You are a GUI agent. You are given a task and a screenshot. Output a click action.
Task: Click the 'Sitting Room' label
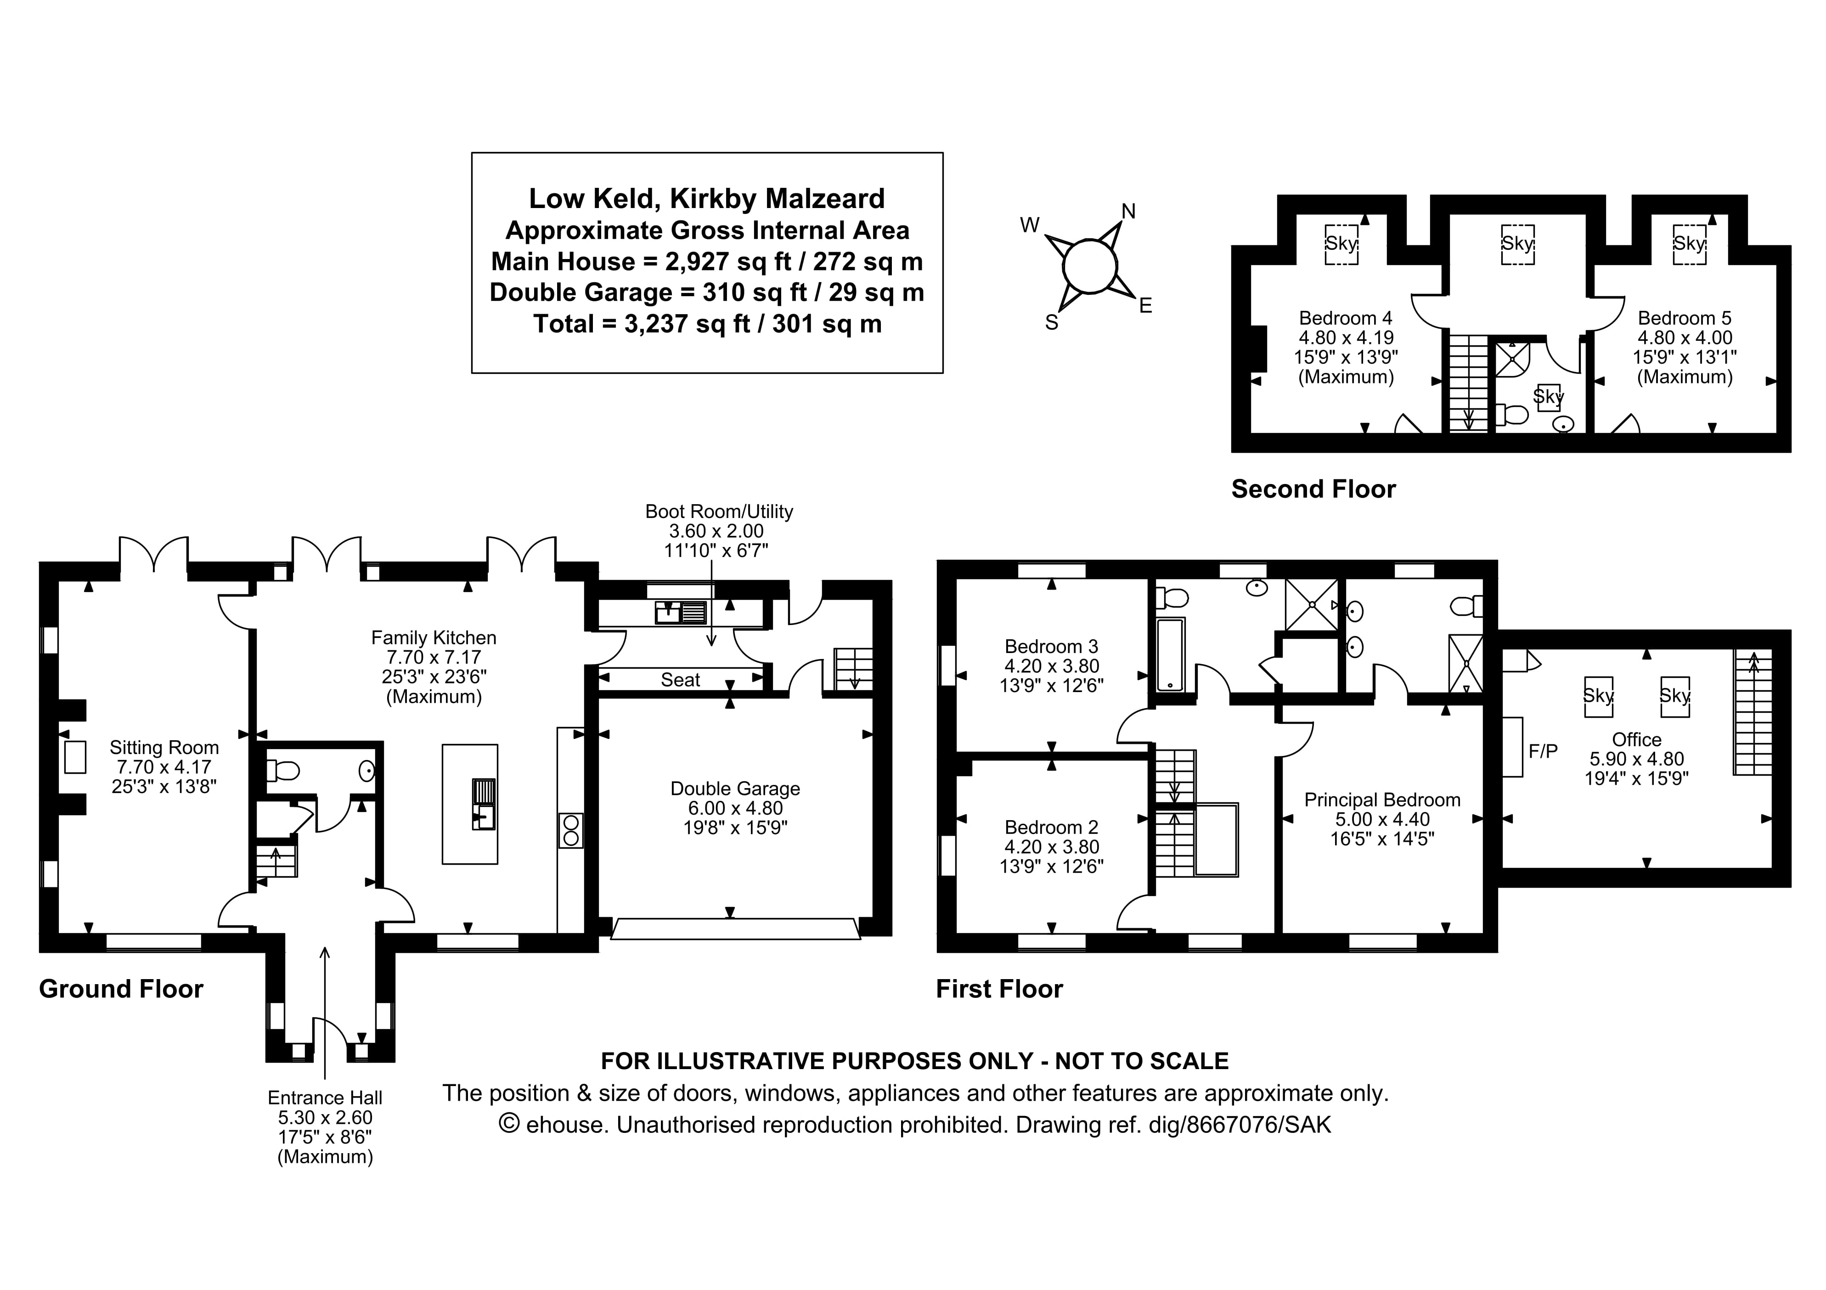point(164,748)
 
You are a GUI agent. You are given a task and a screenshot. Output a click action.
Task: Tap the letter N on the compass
point(1128,211)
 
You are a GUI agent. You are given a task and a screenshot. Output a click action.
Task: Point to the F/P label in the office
point(1543,750)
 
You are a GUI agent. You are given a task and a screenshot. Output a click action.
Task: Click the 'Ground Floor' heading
point(121,989)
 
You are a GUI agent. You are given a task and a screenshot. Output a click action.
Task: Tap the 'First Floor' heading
point(999,989)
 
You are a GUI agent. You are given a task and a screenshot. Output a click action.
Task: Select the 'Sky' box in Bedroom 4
point(1341,243)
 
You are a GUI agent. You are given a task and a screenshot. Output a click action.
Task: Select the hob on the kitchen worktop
point(570,830)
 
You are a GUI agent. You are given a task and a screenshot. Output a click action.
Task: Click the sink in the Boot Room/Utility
point(680,612)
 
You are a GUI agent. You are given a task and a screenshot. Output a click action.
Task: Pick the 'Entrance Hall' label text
point(325,1098)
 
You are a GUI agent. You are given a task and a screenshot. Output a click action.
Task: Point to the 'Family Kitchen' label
point(434,638)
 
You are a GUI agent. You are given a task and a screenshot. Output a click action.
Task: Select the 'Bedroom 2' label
point(1051,827)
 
